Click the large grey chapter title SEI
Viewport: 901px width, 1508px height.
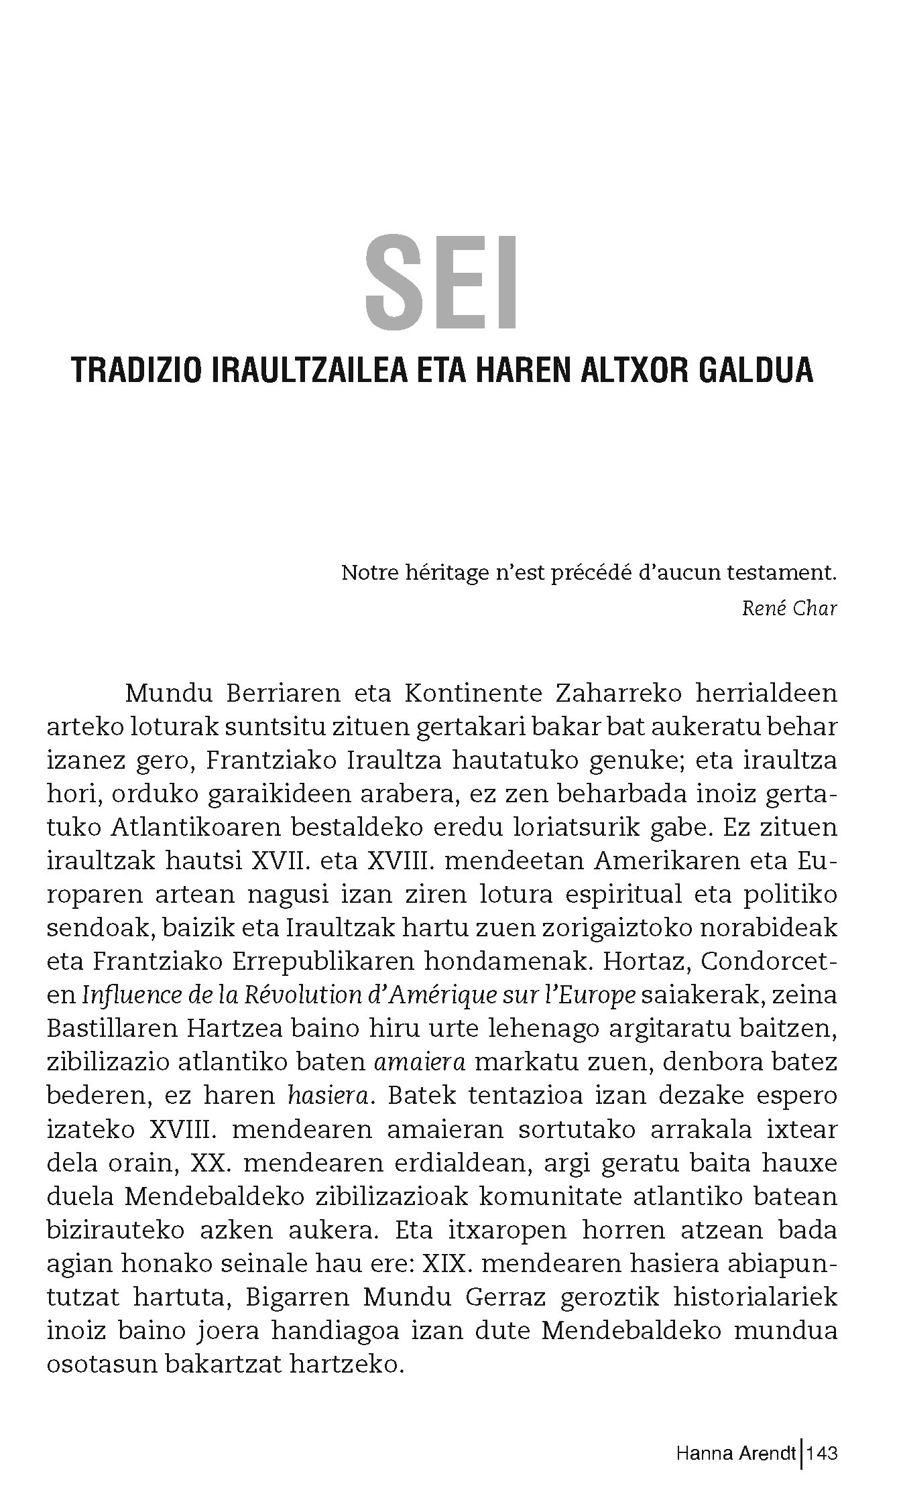click(x=441, y=281)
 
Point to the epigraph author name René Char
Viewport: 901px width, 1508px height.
click(x=790, y=609)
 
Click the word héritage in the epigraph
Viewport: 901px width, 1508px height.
click(x=456, y=574)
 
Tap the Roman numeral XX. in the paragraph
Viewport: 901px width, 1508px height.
click(x=211, y=1163)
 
